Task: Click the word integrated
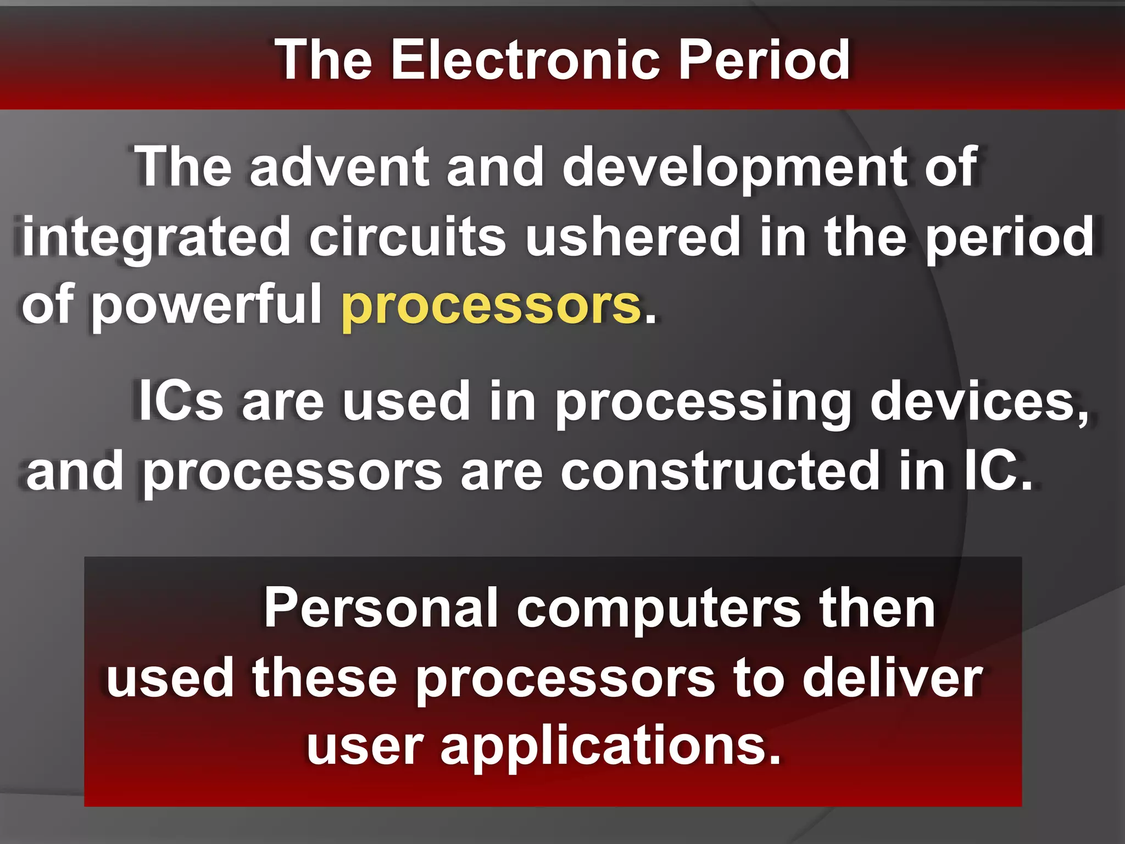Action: click(156, 237)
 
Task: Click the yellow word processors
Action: click(491, 306)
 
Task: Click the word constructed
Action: click(720, 471)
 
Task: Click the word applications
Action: click(610, 747)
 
